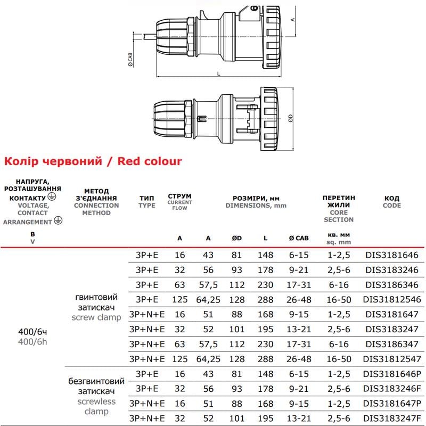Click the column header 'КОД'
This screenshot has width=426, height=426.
click(392, 198)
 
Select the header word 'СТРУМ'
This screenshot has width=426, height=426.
click(179, 195)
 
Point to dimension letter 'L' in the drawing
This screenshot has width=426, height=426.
click(219, 73)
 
